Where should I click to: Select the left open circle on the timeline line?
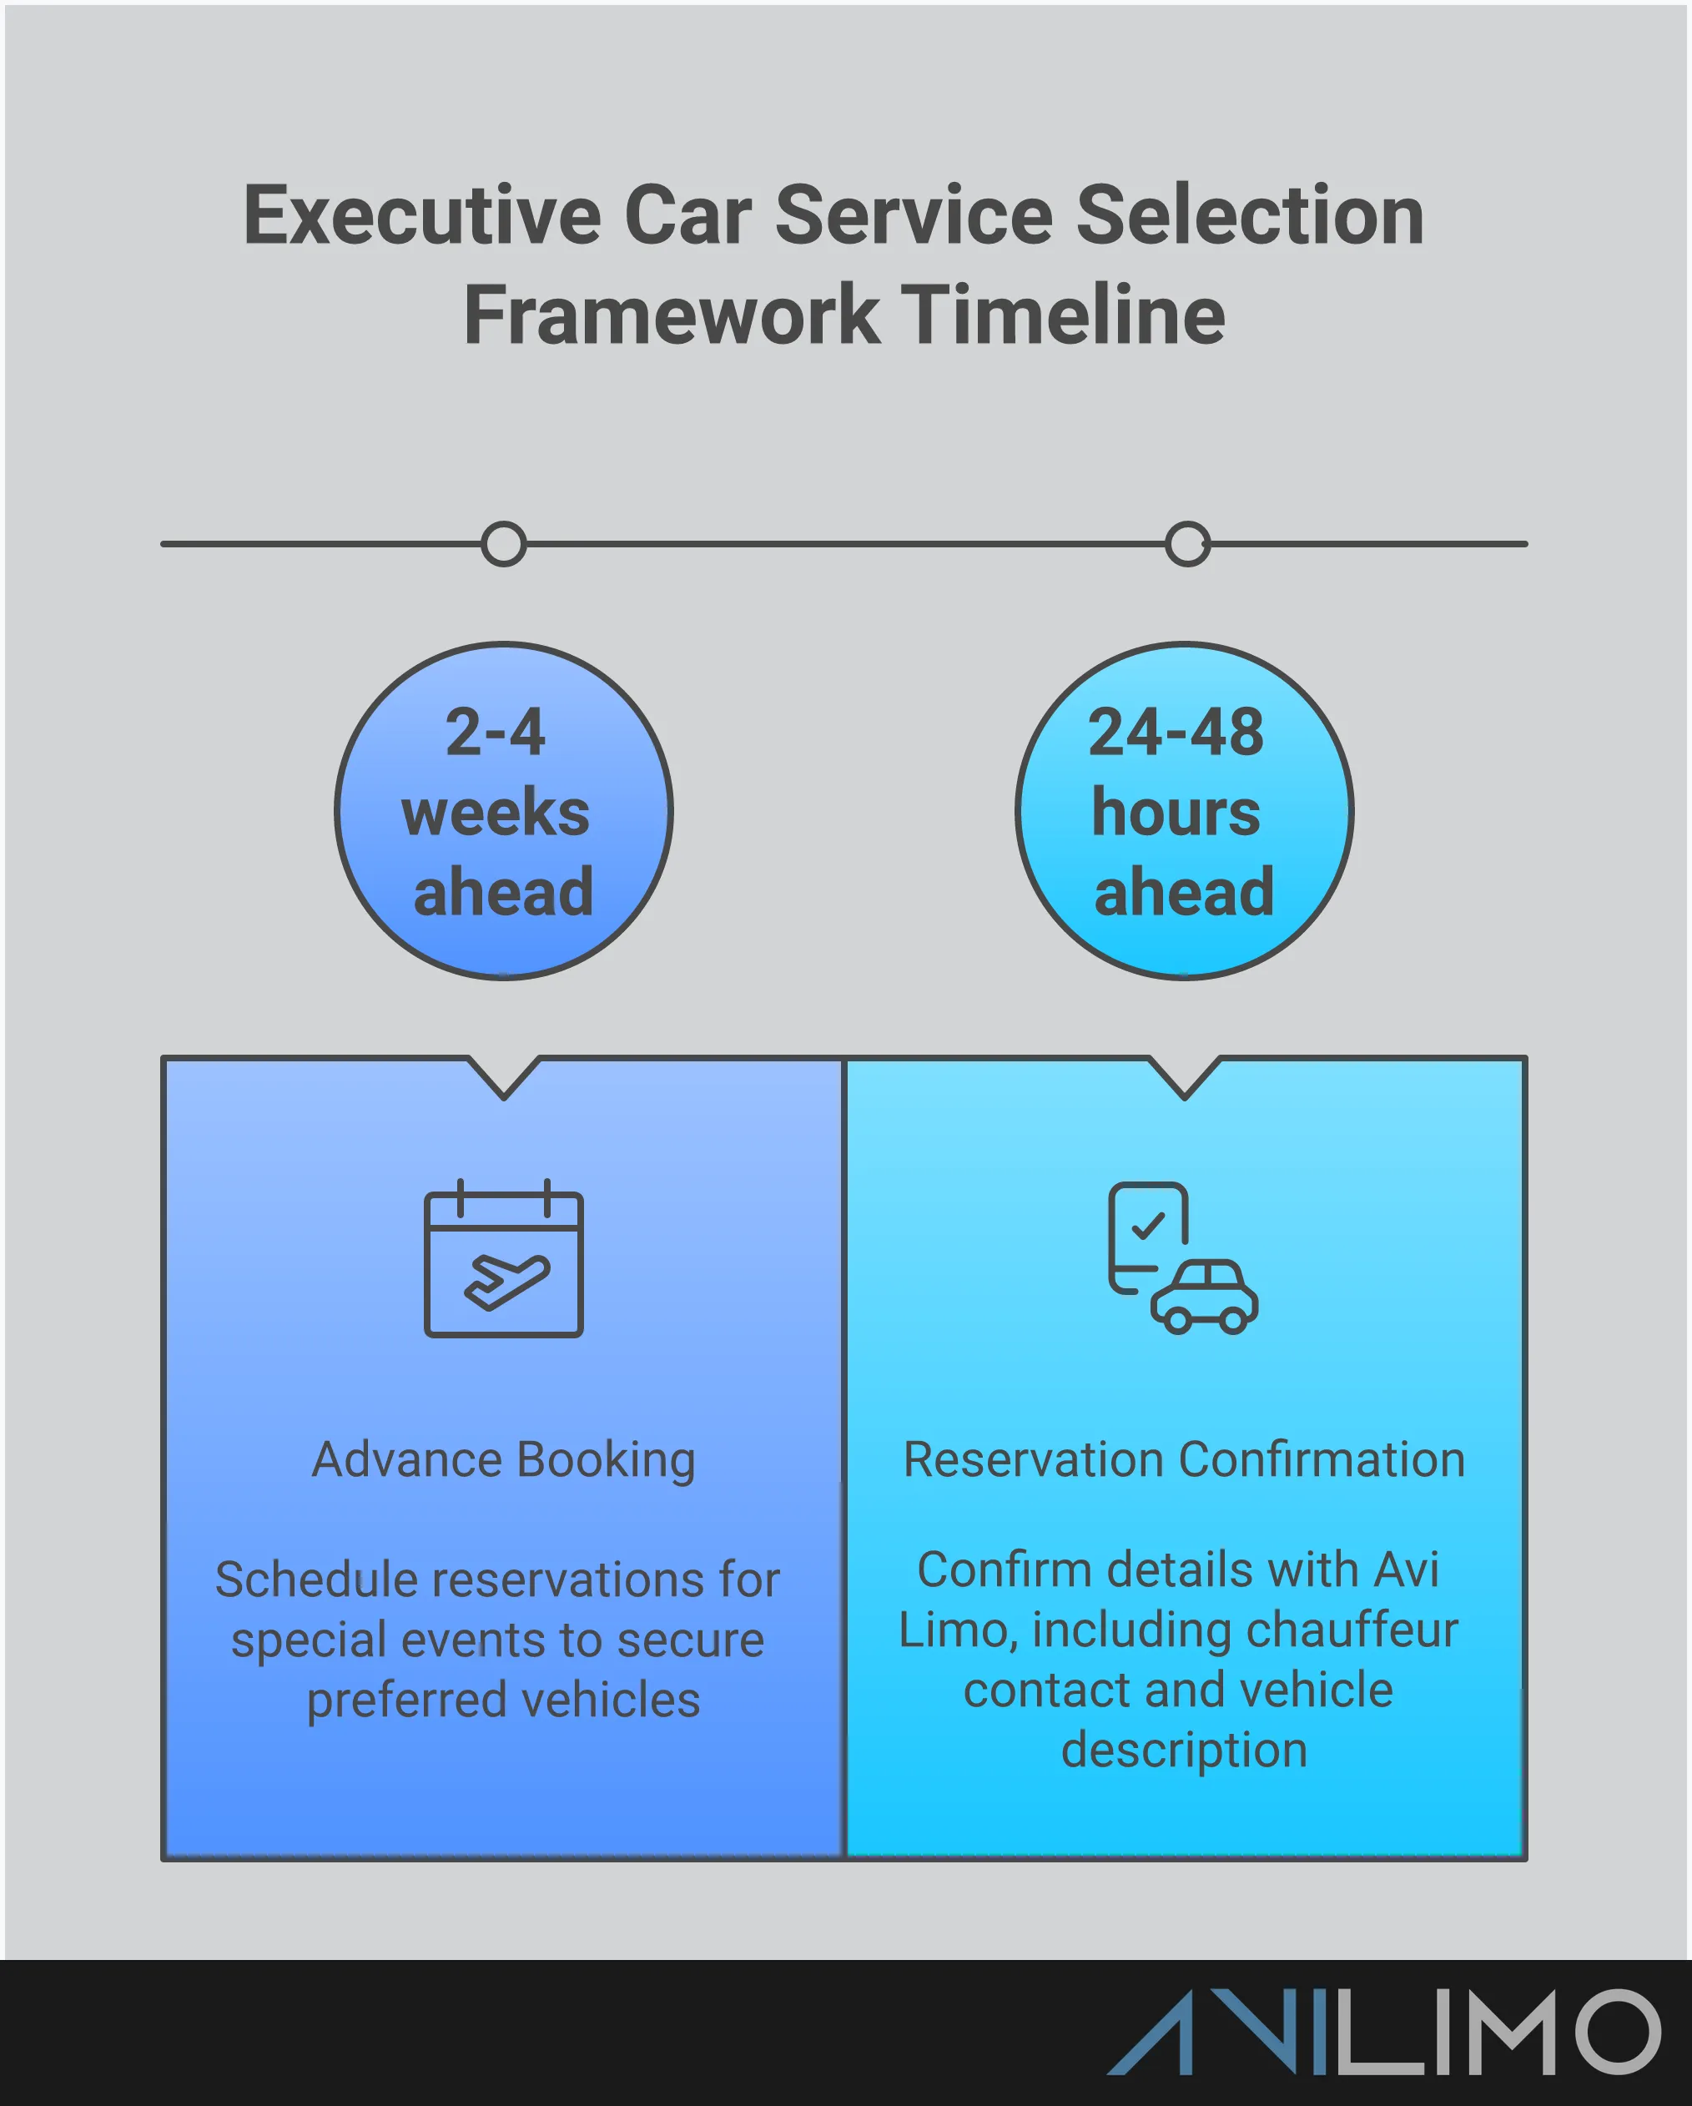coord(504,544)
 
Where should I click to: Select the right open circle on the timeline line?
coord(1187,544)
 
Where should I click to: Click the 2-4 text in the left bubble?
coord(496,733)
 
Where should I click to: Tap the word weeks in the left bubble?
coord(496,813)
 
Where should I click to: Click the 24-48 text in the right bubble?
coord(1176,733)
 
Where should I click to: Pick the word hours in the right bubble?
coord(1176,813)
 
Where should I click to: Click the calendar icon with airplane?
coord(503,1260)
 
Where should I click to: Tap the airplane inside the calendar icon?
coord(506,1282)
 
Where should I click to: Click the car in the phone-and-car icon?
coord(1205,1297)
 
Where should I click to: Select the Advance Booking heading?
coord(503,1459)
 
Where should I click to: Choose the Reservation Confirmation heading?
coord(1184,1459)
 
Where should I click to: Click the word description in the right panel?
coord(1184,1750)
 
